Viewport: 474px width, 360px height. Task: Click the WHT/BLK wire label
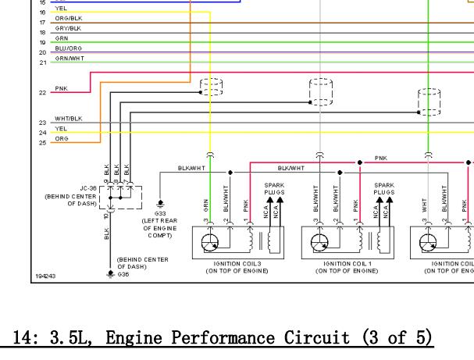pyautogui.click(x=69, y=119)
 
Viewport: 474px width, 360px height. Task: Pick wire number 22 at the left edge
pyautogui.click(x=42, y=92)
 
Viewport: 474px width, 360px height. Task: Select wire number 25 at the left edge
pyautogui.click(x=42, y=142)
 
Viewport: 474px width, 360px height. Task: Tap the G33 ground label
pyautogui.click(x=161, y=212)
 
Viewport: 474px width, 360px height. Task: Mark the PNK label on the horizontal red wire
pyautogui.click(x=380, y=158)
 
